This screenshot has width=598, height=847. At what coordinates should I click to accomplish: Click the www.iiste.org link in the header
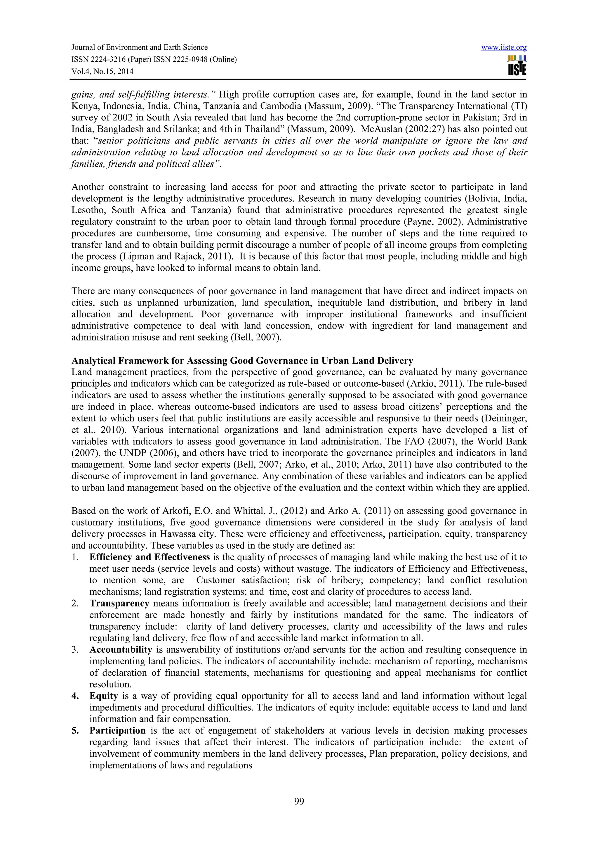click(x=504, y=48)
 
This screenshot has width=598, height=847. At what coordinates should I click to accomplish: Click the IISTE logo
click(x=517, y=66)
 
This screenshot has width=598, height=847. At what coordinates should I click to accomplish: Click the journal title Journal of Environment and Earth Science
click(x=139, y=47)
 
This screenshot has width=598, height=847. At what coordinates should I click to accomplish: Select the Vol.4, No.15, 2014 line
click(x=102, y=72)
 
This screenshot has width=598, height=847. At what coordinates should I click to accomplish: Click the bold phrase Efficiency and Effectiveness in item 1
click(x=149, y=557)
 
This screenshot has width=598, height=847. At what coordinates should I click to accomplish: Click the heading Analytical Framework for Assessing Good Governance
click(x=242, y=360)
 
